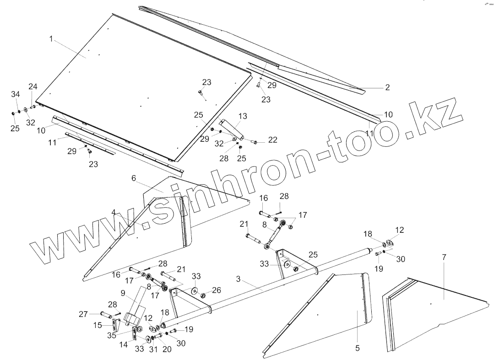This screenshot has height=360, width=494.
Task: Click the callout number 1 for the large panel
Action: [52, 39]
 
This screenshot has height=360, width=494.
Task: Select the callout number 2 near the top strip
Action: [387, 87]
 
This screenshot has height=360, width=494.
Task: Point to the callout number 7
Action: [444, 258]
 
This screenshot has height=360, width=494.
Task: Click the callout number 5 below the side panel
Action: [357, 348]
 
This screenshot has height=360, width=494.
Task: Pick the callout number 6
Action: [134, 178]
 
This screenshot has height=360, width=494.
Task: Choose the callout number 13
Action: [243, 116]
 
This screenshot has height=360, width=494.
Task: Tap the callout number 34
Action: [16, 94]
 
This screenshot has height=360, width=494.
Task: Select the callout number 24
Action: [33, 86]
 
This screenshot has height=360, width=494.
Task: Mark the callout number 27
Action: [83, 314]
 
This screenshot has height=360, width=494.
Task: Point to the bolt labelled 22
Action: [255, 142]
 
